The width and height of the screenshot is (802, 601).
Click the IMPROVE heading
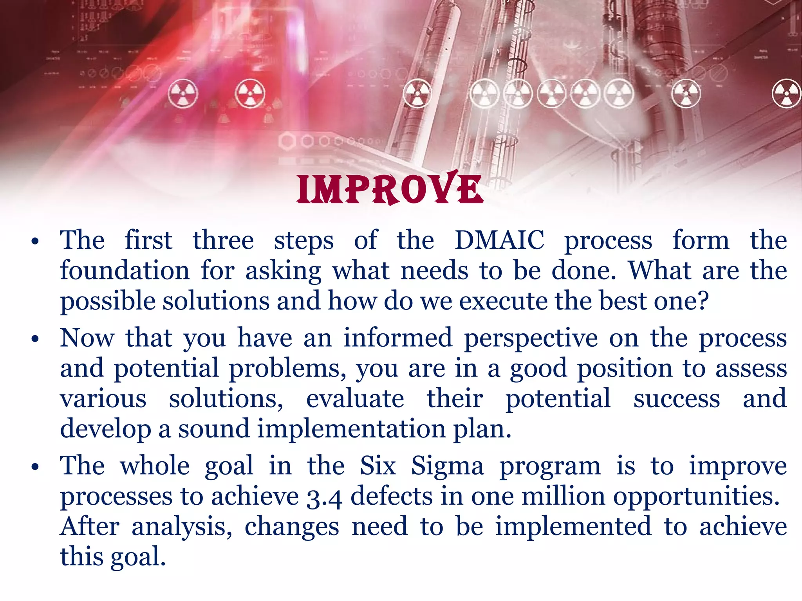390,189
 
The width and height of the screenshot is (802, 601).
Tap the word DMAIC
499,240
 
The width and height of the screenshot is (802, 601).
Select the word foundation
125,270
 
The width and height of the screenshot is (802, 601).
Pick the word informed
397,338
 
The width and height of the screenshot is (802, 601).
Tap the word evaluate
355,399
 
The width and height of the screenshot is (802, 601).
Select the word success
676,399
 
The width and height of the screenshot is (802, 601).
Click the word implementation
351,429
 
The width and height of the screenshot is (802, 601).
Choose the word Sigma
447,467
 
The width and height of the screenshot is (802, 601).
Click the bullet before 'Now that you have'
35,339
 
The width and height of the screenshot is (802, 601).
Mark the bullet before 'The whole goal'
35,467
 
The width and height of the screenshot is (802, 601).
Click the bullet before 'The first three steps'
35,241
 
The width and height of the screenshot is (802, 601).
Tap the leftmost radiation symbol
183,94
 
